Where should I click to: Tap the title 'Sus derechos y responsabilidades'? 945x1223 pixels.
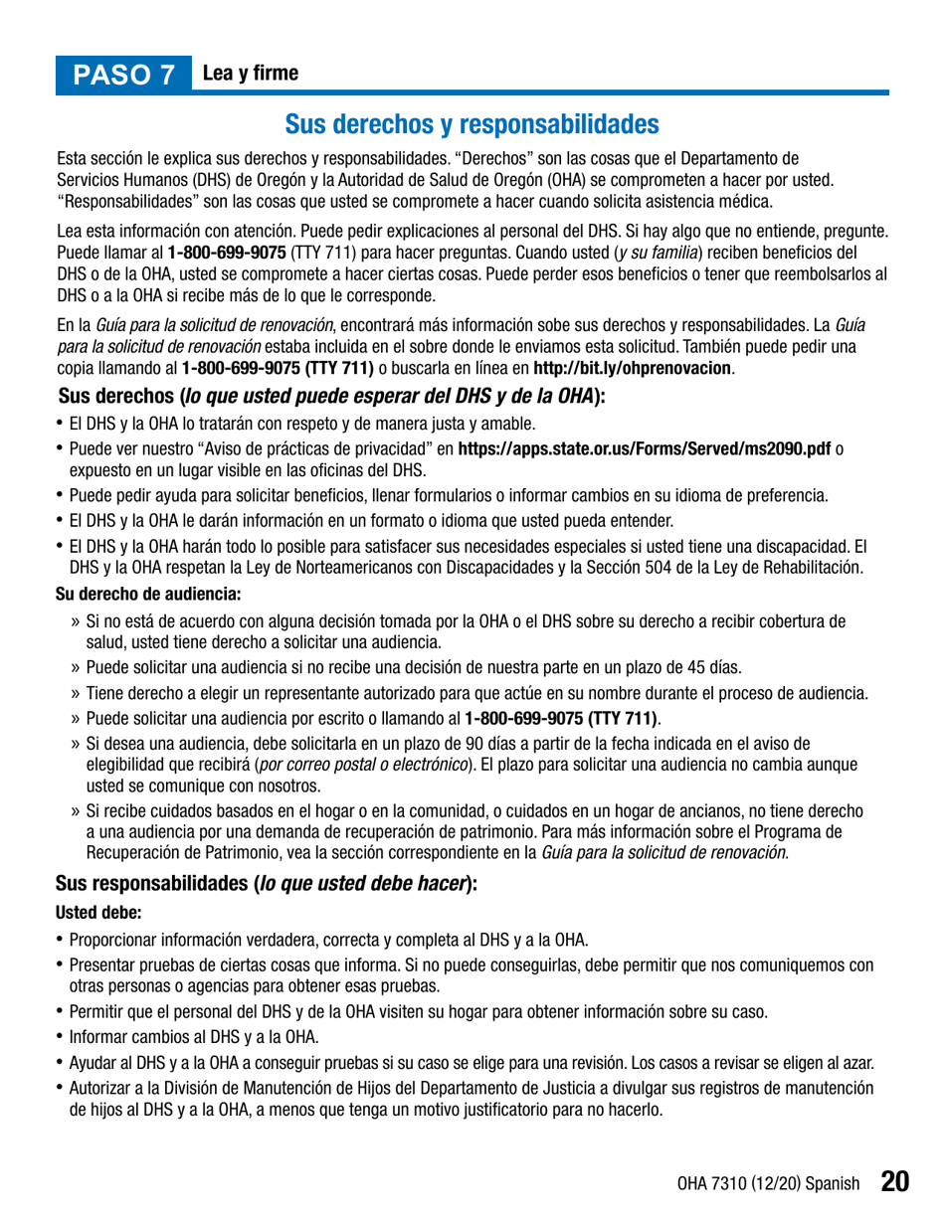(x=472, y=124)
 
